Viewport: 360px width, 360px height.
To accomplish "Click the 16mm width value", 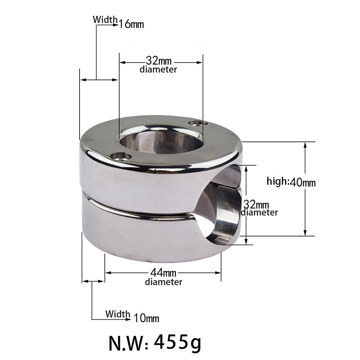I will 132,24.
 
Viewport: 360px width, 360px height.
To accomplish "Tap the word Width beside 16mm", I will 105,19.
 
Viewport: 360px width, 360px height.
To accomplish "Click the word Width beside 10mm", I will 118,314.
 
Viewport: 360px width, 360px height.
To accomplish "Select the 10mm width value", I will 147,318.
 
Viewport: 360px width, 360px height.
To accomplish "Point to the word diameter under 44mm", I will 163,282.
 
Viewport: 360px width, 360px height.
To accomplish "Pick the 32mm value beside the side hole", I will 256,204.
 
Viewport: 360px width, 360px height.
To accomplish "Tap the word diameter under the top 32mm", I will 158,69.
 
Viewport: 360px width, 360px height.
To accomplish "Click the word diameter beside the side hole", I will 259,212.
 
